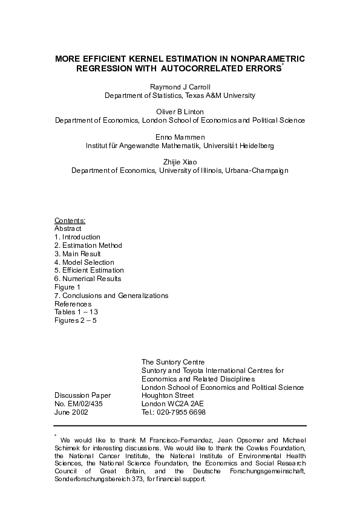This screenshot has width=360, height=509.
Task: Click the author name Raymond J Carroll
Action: (180, 87)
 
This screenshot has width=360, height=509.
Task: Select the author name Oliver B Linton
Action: (180, 112)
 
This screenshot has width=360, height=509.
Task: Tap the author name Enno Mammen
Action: (180, 137)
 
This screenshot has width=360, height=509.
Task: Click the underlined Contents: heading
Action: (70, 221)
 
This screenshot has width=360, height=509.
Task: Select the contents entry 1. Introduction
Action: (77, 237)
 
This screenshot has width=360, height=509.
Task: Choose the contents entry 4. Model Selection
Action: (84, 262)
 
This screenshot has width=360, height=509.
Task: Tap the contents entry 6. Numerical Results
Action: (88, 279)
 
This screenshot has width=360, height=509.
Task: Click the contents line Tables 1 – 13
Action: (76, 312)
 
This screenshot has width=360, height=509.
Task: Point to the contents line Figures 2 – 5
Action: (76, 320)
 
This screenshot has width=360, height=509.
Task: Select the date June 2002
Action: (71, 412)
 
